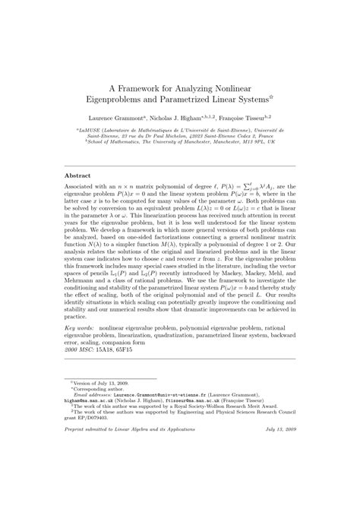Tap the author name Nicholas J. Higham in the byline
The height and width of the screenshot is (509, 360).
(x=185, y=119)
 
